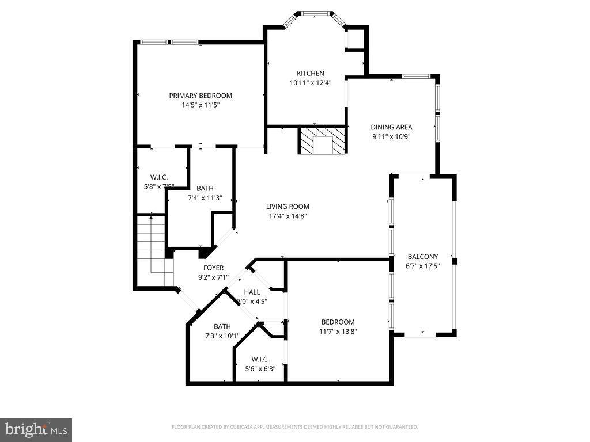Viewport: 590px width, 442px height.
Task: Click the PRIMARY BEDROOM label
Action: [200, 96]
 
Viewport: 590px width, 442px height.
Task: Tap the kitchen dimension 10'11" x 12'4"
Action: [310, 83]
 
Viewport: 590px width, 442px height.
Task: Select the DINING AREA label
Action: [391, 127]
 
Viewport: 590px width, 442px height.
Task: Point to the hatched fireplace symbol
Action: [322, 142]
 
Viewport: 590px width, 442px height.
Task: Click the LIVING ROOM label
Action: [288, 207]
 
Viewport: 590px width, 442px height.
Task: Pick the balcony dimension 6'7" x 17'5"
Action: [423, 266]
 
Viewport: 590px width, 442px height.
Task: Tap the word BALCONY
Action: [423, 257]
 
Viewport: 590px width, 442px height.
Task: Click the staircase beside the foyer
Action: [153, 250]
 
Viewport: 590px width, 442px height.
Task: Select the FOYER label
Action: [213, 268]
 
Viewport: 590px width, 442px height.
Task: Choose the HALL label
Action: [252, 292]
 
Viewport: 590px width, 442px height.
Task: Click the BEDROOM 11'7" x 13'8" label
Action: [338, 322]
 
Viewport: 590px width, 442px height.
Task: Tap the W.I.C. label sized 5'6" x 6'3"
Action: [260, 360]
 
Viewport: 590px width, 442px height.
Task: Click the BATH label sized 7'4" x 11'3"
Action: [205, 188]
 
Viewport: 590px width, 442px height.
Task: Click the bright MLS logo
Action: [36, 429]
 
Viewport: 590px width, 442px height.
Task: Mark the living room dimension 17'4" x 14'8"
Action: [288, 216]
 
